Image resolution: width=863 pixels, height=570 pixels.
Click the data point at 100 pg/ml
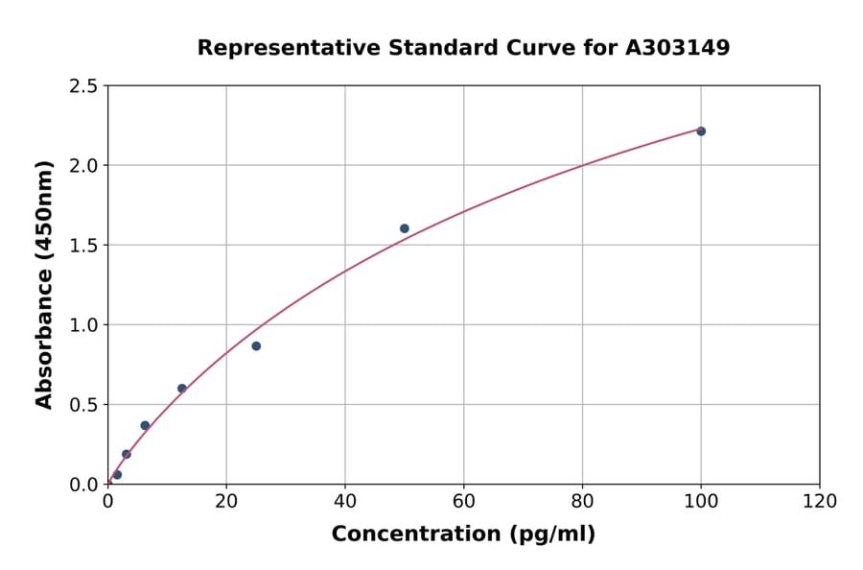pyautogui.click(x=701, y=131)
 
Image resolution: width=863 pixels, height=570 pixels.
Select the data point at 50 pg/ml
pyautogui.click(x=405, y=228)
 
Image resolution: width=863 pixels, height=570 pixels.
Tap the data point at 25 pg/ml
pyautogui.click(x=256, y=345)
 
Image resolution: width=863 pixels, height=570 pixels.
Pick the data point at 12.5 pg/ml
pyautogui.click(x=182, y=389)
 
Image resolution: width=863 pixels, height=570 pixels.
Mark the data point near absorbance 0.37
pyautogui.click(x=145, y=425)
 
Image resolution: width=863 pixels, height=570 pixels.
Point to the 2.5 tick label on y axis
pyautogui.click(x=84, y=86)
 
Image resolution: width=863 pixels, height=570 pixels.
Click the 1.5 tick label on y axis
pyautogui.click(x=84, y=246)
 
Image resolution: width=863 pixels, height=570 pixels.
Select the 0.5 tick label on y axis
pyautogui.click(x=84, y=405)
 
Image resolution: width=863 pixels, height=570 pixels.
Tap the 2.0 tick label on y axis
pyautogui.click(x=84, y=166)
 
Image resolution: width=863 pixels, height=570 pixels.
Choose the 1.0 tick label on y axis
pyautogui.click(x=84, y=325)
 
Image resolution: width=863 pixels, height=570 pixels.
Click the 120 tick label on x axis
pyautogui.click(x=820, y=501)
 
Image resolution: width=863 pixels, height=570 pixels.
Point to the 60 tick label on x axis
pyautogui.click(x=464, y=501)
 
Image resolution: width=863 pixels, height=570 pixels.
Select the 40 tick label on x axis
pyautogui.click(x=345, y=501)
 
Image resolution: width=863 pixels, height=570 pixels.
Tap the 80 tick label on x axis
pyautogui.click(x=582, y=501)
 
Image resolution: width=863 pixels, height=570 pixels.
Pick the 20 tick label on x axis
pyautogui.click(x=226, y=501)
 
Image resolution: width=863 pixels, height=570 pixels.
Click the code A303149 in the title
pyautogui.click(x=678, y=48)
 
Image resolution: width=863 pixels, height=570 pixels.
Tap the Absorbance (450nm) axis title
pyautogui.click(x=44, y=284)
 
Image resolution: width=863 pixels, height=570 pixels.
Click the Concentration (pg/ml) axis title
pyautogui.click(x=463, y=534)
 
